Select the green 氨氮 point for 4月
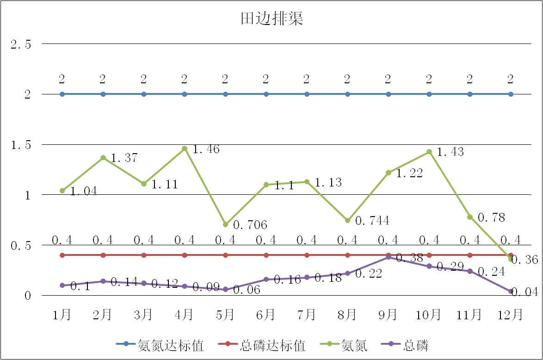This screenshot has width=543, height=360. pyautogui.click(x=185, y=149)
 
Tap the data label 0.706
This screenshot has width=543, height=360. pyautogui.click(x=250, y=225)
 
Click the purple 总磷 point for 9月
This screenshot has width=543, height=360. pyautogui.click(x=389, y=257)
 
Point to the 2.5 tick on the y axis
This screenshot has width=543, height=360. pyautogui.click(x=21, y=44)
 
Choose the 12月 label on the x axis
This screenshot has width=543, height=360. pyautogui.click(x=510, y=315)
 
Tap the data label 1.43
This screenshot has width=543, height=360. pyautogui.click(x=450, y=152)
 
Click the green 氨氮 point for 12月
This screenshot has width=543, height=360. pyautogui.click(x=511, y=259)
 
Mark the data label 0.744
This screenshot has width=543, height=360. pyautogui.click(x=372, y=221)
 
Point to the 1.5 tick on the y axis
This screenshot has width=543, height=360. pyautogui.click(x=21, y=145)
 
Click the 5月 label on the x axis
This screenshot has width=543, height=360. pyautogui.click(x=225, y=315)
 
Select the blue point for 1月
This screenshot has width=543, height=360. pyautogui.click(x=62, y=94)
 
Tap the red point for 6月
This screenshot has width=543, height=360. pyautogui.click(x=266, y=255)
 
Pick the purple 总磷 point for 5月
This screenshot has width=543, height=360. pyautogui.click(x=225, y=289)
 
